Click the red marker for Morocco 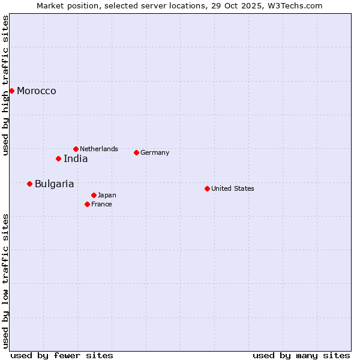point(11,91)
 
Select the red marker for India point(58,158)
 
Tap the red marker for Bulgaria point(29,184)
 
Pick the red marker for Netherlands point(76,149)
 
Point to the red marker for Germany point(136,152)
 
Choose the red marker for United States point(207,188)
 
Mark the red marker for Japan point(94,195)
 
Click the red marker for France point(87,204)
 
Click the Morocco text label point(37,91)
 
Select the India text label point(76,158)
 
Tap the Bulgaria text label point(55,184)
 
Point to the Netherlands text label point(99,149)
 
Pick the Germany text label point(155,152)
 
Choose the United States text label point(233,188)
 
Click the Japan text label point(107,195)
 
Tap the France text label point(101,204)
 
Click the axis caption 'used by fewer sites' point(62,355)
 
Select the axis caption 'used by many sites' point(301,355)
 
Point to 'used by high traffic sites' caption point(6,85)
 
